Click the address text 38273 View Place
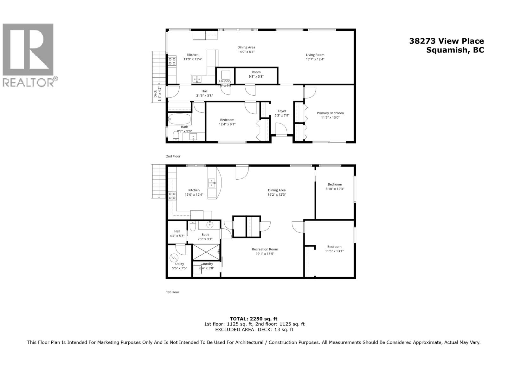click(446, 41)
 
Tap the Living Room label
click(315, 55)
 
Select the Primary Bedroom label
click(330, 113)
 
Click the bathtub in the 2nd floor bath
click(180, 119)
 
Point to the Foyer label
click(282, 111)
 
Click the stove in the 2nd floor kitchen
click(172, 61)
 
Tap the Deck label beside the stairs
click(155, 94)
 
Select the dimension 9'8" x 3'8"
click(256, 76)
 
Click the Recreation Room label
click(265, 249)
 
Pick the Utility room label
click(179, 264)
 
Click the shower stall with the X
click(206, 252)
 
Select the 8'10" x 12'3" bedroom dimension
click(335, 189)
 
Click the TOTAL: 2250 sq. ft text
click(253, 319)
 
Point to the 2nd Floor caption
click(173, 156)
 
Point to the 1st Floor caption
click(173, 292)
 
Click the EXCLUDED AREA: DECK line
click(254, 329)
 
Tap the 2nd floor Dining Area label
click(246, 47)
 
